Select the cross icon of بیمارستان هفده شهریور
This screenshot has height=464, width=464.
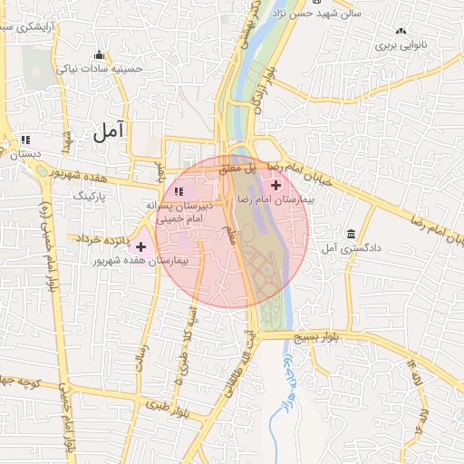click(140, 246)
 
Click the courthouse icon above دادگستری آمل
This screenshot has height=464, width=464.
click(351, 234)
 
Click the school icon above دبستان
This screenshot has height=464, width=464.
click(25, 140)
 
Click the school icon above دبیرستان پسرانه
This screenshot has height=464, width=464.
click(179, 191)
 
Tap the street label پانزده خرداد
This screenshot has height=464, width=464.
click(98, 237)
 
